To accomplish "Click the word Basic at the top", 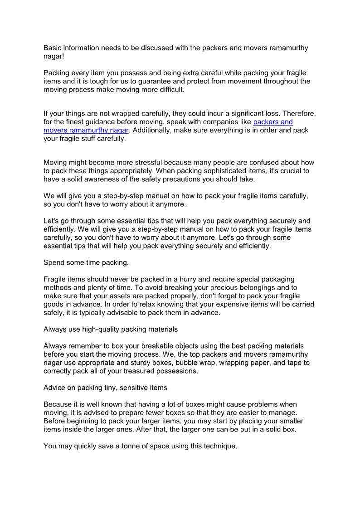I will tap(53, 48).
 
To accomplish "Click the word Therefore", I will tap(295, 114).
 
